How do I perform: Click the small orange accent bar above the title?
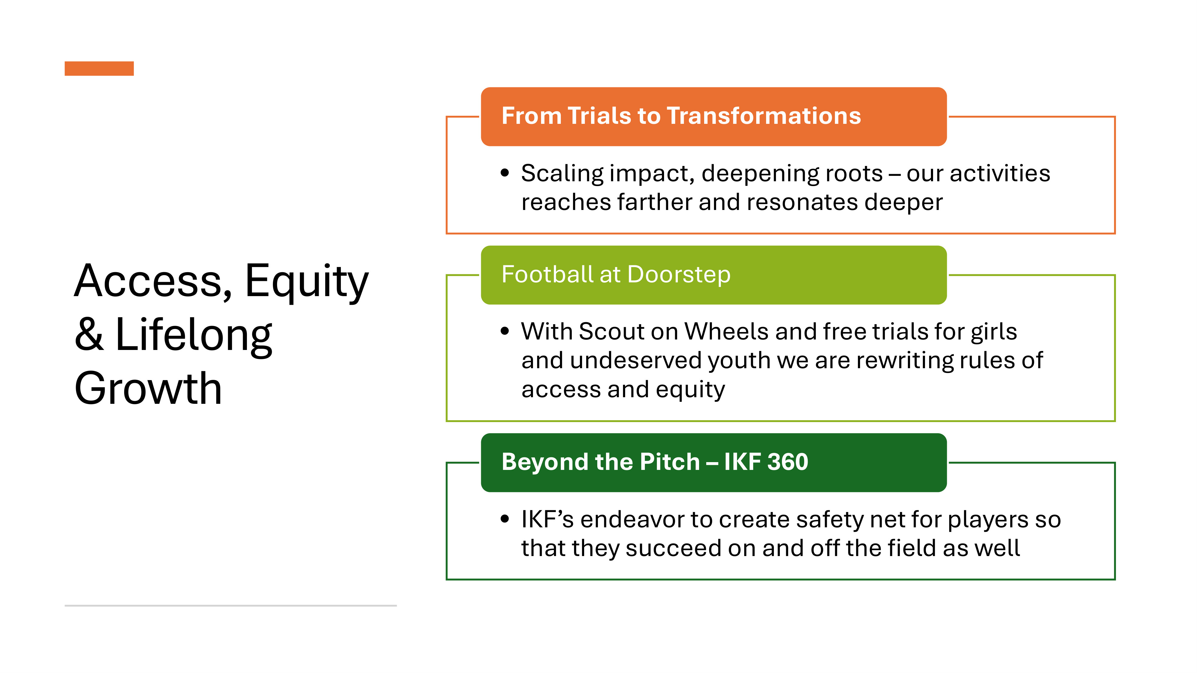99,68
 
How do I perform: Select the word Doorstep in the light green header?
679,275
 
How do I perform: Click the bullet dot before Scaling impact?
505,173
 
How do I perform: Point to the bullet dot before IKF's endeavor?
505,519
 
